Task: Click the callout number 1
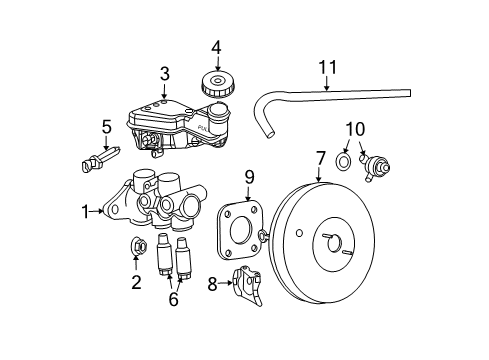point(86,211)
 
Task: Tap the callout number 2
point(137,283)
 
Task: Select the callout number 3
point(165,73)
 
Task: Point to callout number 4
point(215,46)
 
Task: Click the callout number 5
point(106,126)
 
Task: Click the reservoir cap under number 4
point(215,81)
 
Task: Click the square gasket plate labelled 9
point(240,230)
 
